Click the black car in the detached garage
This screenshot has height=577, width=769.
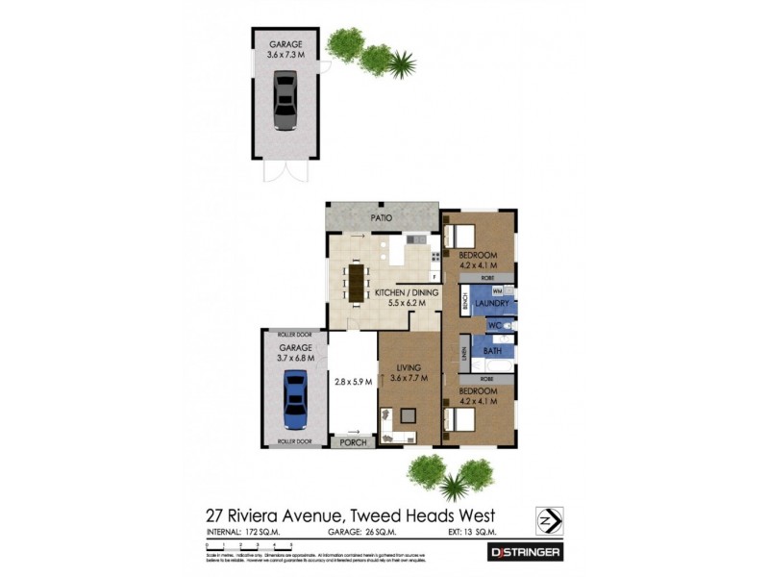tap(285, 100)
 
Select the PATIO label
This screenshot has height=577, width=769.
tap(383, 218)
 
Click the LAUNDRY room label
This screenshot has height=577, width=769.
tap(492, 304)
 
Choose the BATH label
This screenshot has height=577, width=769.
tap(492, 351)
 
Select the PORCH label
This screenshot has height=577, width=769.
tap(352, 442)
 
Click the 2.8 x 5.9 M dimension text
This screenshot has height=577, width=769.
tap(352, 382)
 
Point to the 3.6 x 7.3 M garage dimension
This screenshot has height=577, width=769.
tap(285, 55)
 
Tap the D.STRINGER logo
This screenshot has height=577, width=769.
tap(527, 552)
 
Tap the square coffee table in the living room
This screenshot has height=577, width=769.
tap(409, 416)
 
